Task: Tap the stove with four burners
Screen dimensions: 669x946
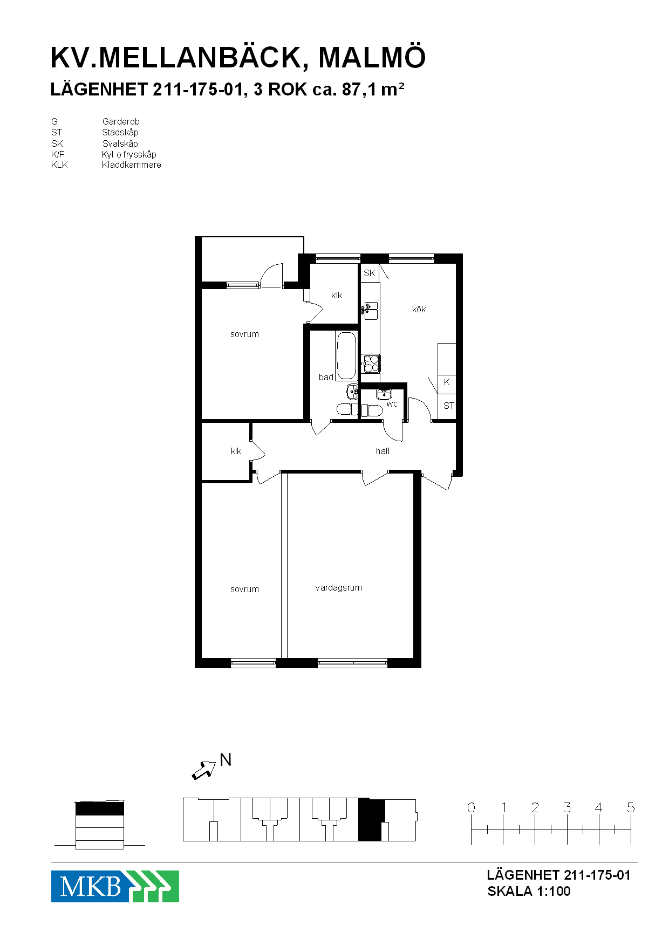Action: tap(371, 364)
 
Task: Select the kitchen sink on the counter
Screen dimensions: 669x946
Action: tap(371, 311)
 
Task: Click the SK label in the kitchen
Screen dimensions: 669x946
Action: tap(370, 273)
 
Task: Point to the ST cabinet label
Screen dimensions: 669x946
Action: tap(449, 406)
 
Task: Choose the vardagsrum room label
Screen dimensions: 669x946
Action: tap(339, 587)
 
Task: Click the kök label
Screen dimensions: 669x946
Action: tap(419, 309)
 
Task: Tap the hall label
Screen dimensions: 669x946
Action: tap(383, 451)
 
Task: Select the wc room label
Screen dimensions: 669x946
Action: tap(392, 404)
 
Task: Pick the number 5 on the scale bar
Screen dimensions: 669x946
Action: tap(631, 807)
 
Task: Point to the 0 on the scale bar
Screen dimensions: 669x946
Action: tap(471, 807)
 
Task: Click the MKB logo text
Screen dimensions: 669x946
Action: tap(90, 886)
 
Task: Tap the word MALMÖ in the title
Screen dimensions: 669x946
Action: tap(372, 58)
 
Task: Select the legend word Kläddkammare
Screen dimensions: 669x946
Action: tap(132, 165)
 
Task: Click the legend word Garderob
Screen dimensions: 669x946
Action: tap(121, 122)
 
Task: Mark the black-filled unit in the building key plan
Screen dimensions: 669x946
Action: tap(372, 820)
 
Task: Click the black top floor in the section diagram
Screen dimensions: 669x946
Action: tap(100, 808)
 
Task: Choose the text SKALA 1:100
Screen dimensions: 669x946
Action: tap(529, 892)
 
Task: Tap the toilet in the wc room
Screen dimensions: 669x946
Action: tap(371, 411)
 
